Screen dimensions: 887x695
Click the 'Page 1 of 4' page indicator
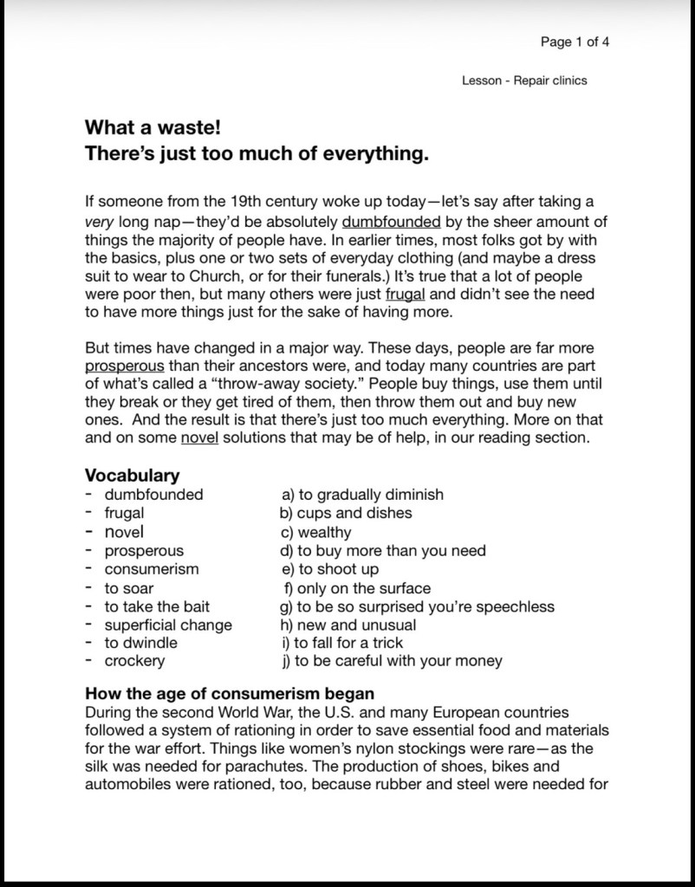[x=575, y=42]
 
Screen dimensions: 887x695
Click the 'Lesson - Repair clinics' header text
[x=524, y=81]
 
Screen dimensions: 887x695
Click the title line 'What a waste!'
[x=153, y=128]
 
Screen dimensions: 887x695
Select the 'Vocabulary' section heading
[x=132, y=476]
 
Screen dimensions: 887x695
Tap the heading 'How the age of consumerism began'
[x=230, y=694]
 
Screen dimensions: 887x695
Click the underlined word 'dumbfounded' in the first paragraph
[x=392, y=220]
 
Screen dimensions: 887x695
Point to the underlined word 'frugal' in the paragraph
[x=406, y=294]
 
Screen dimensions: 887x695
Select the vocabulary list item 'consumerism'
[x=152, y=569]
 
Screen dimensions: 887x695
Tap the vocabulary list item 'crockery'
[x=134, y=661]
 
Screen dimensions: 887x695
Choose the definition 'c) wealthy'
[x=315, y=532]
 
